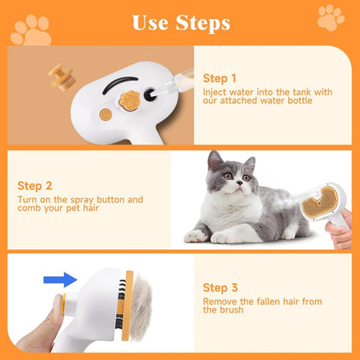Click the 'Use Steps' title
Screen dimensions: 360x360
coord(180,22)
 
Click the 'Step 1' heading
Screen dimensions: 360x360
coord(220,77)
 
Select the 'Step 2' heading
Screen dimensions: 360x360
coord(35,184)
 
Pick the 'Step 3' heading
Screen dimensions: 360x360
coord(220,287)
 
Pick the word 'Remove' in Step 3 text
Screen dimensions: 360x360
coord(221,303)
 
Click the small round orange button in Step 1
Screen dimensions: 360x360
coord(106,113)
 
